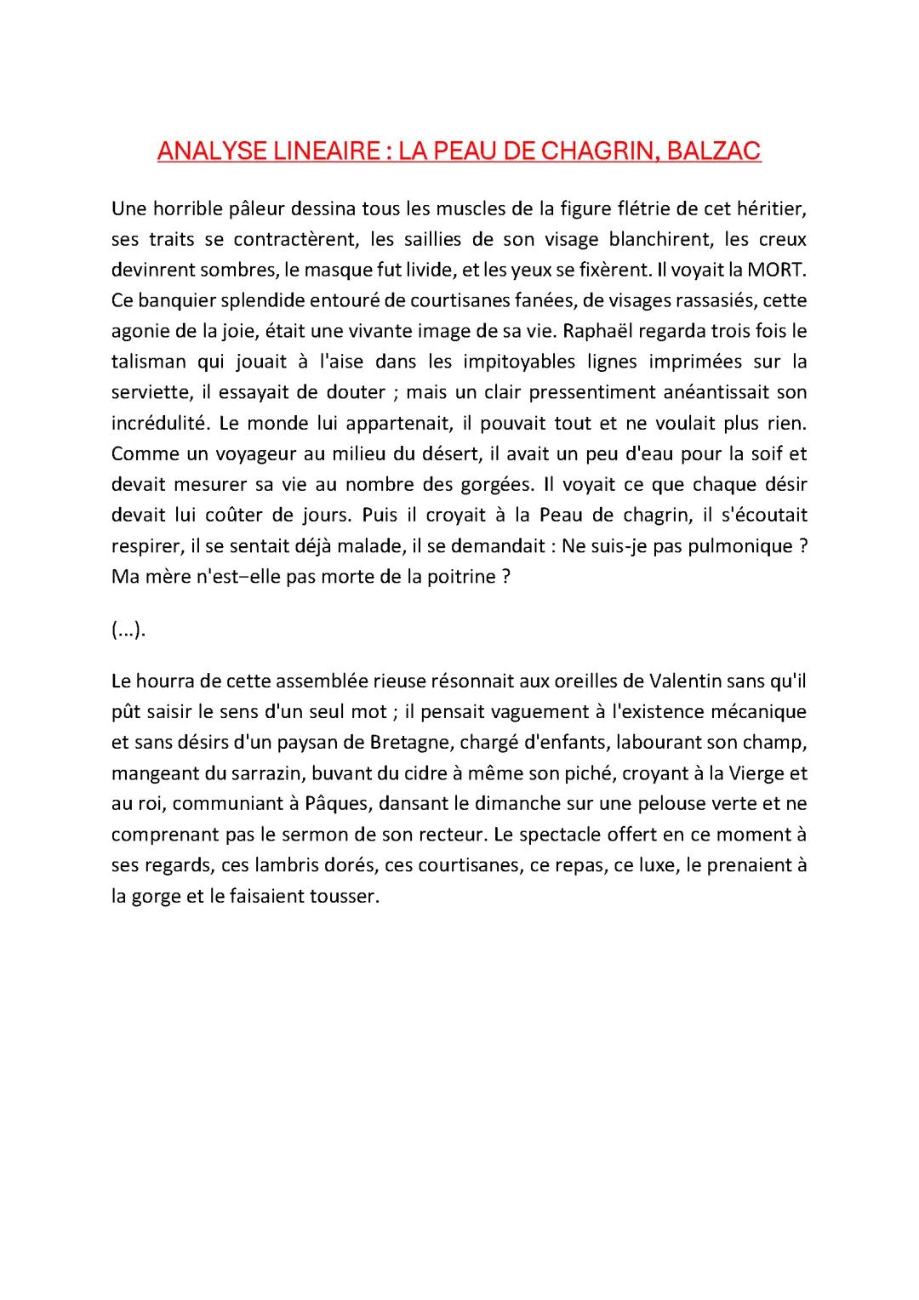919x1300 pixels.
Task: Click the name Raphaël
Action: click(598, 331)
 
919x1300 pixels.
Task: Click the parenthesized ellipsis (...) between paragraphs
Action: click(128, 630)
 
